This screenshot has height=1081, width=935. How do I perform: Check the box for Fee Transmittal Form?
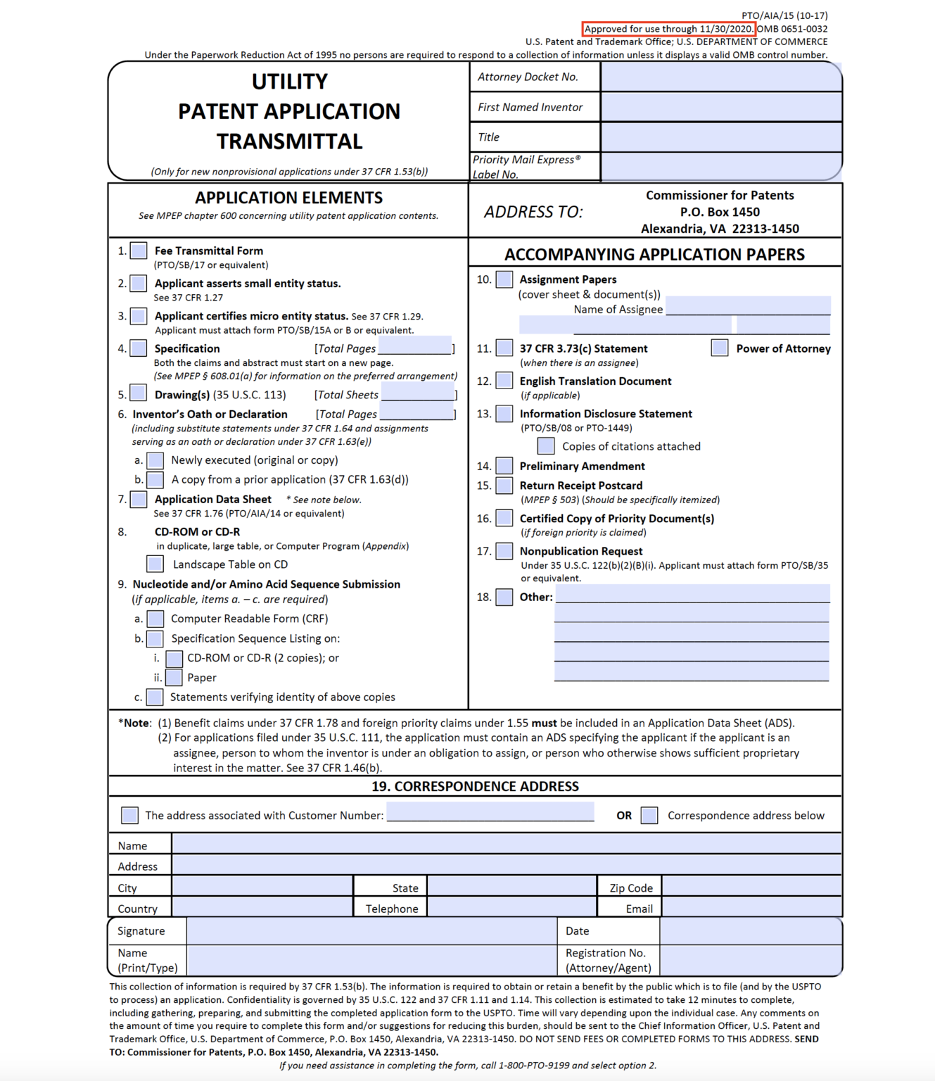click(139, 251)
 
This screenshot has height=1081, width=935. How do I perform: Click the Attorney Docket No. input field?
click(720, 77)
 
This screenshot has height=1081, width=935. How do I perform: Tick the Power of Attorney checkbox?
click(719, 348)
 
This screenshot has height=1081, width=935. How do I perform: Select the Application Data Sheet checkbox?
click(139, 499)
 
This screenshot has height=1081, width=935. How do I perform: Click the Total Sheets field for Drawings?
click(418, 393)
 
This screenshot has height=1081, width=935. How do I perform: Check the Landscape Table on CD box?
click(155, 564)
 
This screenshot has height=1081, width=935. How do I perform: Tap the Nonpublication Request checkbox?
click(504, 550)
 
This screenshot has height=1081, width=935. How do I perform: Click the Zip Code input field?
click(751, 887)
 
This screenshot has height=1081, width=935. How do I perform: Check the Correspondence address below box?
click(649, 815)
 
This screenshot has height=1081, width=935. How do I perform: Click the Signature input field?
click(371, 930)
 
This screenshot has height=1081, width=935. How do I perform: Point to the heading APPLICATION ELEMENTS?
click(288, 198)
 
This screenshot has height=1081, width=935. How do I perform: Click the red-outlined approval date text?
click(668, 29)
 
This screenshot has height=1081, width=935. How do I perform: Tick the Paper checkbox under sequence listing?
click(174, 677)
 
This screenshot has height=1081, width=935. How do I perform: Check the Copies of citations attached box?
click(545, 445)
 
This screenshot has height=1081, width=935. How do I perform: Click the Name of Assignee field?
click(747, 307)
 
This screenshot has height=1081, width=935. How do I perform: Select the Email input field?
click(751, 907)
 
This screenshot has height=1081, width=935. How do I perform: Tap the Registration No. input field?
click(750, 960)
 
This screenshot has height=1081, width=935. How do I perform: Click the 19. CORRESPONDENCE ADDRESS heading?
click(475, 786)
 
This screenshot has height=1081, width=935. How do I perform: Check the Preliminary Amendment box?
click(504, 465)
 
